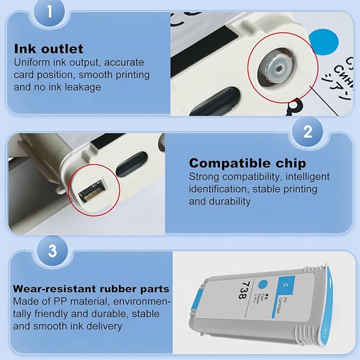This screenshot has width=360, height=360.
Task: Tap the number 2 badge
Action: pyautogui.click(x=308, y=132)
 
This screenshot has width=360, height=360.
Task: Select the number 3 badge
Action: pyautogui.click(x=52, y=251)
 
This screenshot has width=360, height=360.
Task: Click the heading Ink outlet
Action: pyautogui.click(x=48, y=49)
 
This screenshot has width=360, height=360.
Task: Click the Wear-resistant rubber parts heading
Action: pyautogui.click(x=92, y=289)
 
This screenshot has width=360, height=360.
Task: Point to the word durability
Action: pyautogui.click(x=229, y=201)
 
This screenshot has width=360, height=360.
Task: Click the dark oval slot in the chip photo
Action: pyautogui.click(x=131, y=164)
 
